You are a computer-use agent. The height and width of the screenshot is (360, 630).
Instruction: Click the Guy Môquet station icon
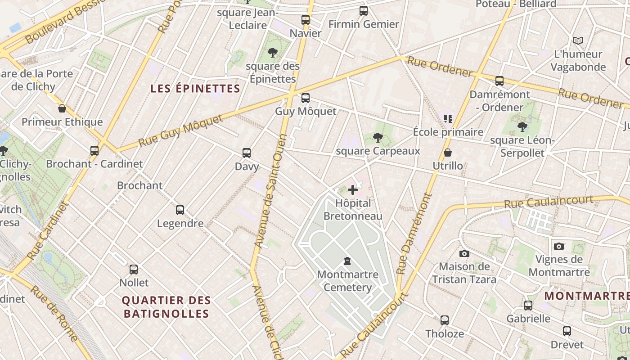click(x=306, y=98)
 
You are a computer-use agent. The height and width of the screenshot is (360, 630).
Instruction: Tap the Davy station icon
click(x=247, y=153)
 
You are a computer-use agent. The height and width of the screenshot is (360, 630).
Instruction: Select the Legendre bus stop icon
click(x=180, y=210)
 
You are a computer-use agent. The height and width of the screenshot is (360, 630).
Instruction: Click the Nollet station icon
click(x=134, y=270)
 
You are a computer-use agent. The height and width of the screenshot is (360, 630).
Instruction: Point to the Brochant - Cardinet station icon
click(x=94, y=151)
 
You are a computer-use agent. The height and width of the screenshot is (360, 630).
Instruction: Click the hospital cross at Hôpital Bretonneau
click(x=353, y=190)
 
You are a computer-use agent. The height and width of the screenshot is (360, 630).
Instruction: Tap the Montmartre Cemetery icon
click(x=347, y=261)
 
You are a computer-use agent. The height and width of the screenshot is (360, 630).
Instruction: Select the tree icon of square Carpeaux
click(x=378, y=138)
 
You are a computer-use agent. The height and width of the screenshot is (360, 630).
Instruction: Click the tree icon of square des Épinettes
click(x=272, y=53)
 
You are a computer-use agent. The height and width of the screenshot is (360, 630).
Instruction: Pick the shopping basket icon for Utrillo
click(x=448, y=153)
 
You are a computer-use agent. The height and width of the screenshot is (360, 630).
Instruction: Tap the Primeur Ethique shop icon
click(x=62, y=108)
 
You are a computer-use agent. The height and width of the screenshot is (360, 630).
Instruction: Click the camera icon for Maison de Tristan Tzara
click(x=464, y=254)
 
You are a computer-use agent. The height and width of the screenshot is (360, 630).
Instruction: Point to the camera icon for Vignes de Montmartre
click(x=559, y=246)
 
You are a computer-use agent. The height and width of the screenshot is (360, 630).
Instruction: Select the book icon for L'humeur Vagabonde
click(x=578, y=41)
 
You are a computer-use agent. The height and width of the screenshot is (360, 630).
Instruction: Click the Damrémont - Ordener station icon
click(x=499, y=81)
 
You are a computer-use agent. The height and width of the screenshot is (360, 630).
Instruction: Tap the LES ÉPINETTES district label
click(x=195, y=89)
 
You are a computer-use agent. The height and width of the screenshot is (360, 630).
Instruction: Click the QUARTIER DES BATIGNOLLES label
click(x=166, y=307)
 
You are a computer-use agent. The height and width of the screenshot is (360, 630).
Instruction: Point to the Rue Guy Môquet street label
click(x=181, y=131)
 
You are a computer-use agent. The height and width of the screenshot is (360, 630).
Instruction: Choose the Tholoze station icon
click(x=445, y=320)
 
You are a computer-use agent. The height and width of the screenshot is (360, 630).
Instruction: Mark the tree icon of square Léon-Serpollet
click(x=522, y=127)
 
